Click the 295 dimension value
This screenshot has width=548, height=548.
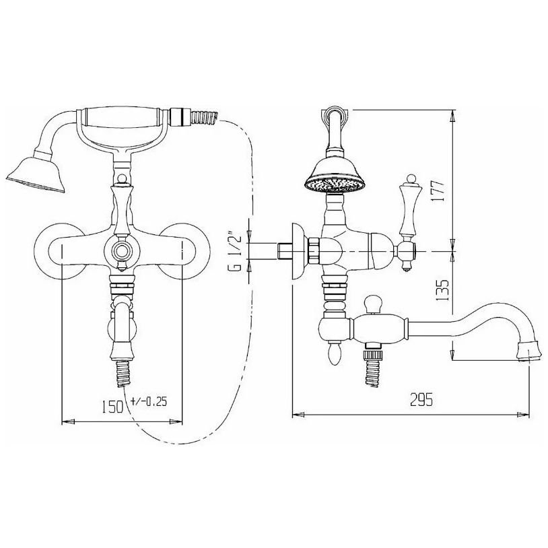coord(421,399)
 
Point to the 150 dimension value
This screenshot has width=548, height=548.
coord(112,407)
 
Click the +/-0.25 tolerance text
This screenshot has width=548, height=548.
coord(149,401)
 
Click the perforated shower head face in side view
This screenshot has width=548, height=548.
coord(335,184)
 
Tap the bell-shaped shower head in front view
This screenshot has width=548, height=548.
coord(36,174)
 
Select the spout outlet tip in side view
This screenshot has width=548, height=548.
coord(528,351)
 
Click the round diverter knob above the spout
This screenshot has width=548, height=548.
coord(374,304)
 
